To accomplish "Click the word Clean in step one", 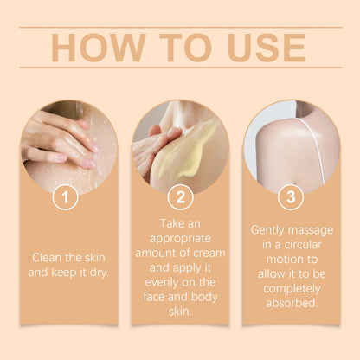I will pos(48,257).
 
